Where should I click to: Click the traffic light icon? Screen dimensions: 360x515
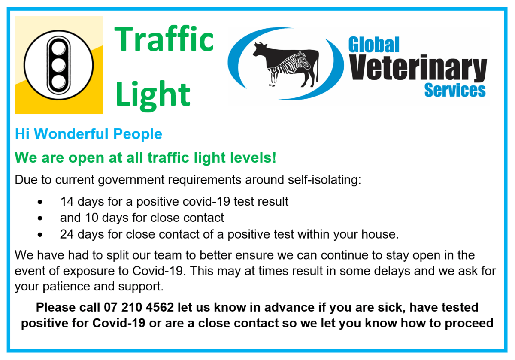click(x=59, y=65)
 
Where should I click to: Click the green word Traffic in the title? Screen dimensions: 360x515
click(x=164, y=39)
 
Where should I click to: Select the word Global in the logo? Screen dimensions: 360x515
click(x=373, y=45)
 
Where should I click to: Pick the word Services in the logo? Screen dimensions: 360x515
click(x=454, y=90)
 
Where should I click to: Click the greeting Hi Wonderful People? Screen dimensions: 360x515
click(x=88, y=134)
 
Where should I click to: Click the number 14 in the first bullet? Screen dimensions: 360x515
click(x=66, y=201)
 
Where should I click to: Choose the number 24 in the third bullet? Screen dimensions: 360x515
click(x=67, y=234)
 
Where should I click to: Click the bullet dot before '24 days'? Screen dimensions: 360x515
click(x=40, y=235)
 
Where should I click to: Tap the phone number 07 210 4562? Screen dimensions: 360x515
click(x=138, y=307)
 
